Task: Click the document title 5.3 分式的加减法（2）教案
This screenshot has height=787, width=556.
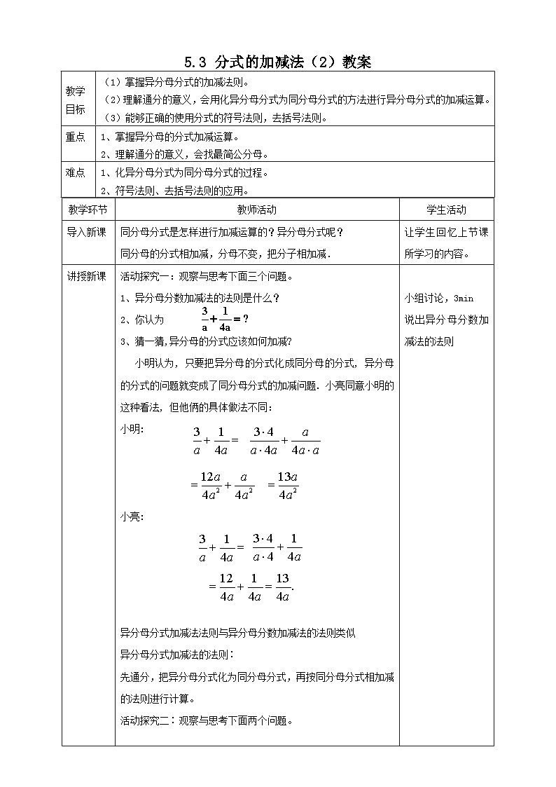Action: click(278, 62)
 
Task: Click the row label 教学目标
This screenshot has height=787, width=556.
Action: click(76, 100)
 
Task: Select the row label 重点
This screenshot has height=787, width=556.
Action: click(76, 137)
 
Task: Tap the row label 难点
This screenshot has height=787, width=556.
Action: click(76, 172)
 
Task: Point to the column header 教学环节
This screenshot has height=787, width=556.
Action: click(88, 210)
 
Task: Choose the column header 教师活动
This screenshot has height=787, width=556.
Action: click(257, 210)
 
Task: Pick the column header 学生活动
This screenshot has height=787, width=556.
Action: click(446, 210)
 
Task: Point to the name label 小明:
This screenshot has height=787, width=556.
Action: click(133, 430)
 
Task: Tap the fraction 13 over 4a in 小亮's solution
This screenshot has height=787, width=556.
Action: click(283, 587)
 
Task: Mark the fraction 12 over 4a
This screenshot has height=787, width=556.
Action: click(225, 587)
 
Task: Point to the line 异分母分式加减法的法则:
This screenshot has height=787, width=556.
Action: click(178, 655)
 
